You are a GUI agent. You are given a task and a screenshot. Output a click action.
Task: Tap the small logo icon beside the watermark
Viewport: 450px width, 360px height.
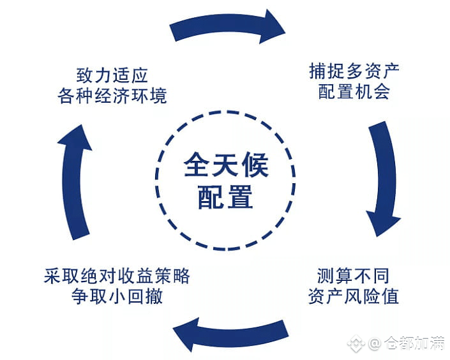click(359, 345)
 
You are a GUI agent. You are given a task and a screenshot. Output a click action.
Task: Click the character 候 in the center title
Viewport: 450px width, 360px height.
click(255, 164)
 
